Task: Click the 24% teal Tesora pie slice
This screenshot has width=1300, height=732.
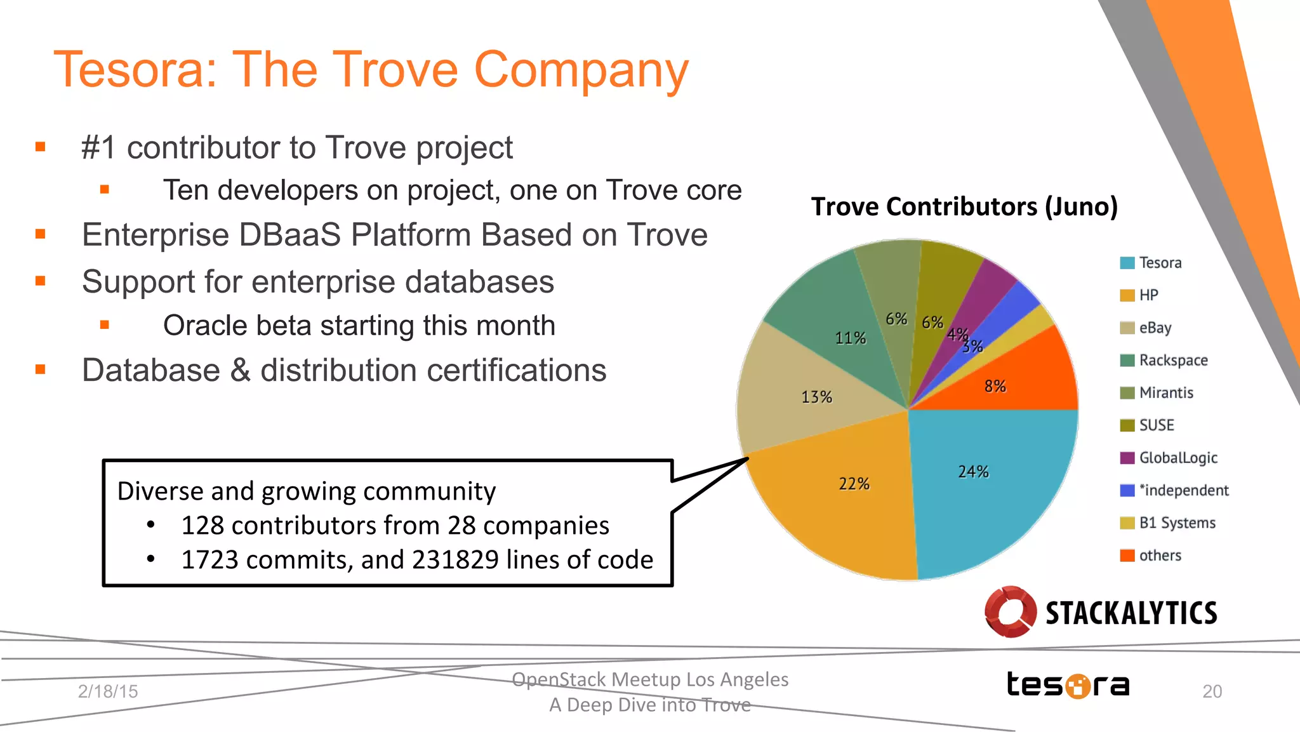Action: [990, 482]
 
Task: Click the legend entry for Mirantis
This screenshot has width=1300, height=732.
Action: [1165, 393]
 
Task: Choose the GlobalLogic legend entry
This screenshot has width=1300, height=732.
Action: [1177, 458]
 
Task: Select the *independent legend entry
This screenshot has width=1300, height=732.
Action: [1183, 490]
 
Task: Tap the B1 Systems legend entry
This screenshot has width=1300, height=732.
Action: [1177, 522]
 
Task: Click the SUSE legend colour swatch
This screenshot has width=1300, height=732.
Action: [1127, 425]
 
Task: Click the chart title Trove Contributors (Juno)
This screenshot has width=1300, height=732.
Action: [964, 207]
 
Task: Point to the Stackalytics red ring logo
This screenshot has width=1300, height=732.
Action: [1010, 611]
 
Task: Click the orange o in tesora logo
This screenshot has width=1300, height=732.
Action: [1077, 686]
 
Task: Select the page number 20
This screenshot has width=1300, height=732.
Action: [1212, 691]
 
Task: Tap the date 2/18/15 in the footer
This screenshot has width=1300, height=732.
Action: [108, 691]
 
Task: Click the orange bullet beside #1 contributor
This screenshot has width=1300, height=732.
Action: [41, 147]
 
